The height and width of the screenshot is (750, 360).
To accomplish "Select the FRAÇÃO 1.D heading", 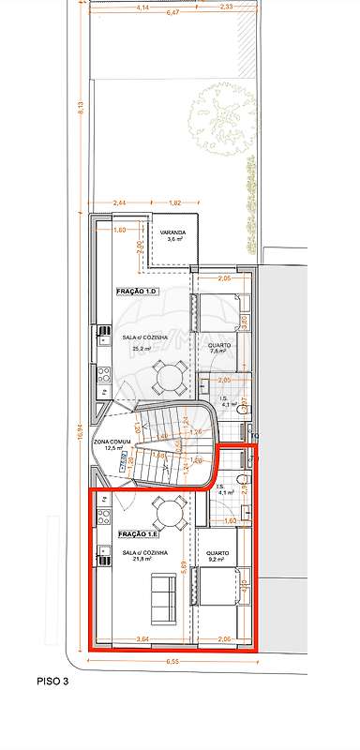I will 137,292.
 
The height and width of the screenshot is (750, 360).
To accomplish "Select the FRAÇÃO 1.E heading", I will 138,534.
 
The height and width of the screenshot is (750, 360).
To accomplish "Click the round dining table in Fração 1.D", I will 170,377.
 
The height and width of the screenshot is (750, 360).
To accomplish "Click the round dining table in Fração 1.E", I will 170,512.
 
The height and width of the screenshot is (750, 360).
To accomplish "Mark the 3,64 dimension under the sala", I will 142,639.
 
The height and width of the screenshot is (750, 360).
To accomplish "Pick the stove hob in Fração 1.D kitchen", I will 104,375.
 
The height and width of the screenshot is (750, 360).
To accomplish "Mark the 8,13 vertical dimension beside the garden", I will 82,108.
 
